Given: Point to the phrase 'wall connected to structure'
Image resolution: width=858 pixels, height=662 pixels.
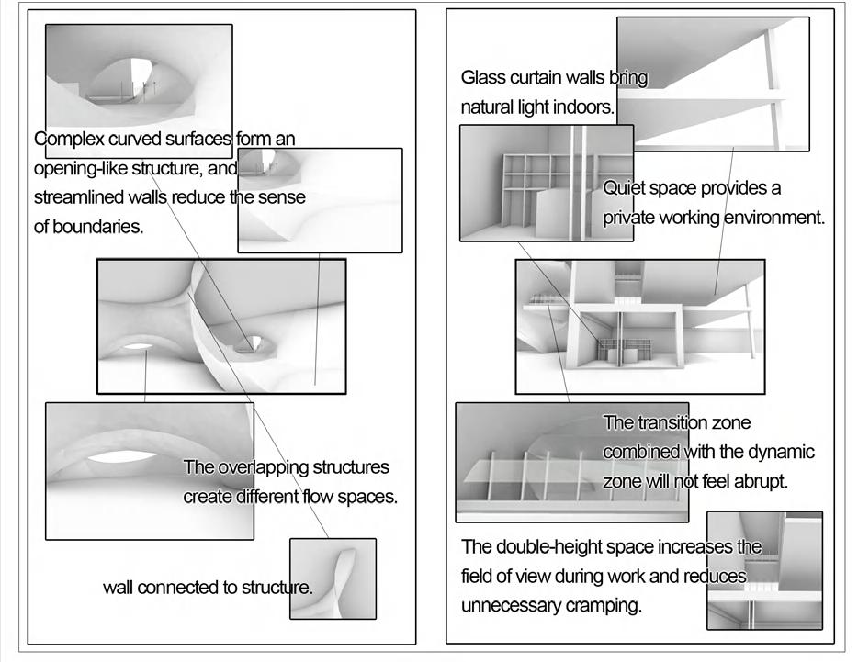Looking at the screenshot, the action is (208, 588).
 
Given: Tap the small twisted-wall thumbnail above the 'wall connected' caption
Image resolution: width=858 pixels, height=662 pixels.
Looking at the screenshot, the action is (333, 578).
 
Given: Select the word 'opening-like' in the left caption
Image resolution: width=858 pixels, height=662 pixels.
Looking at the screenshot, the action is (76, 168).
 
